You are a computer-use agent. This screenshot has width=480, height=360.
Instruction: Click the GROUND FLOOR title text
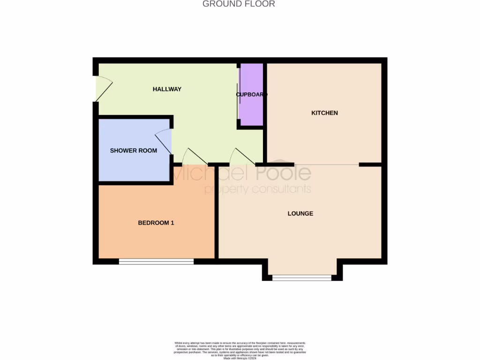pyautogui.click(x=239, y=4)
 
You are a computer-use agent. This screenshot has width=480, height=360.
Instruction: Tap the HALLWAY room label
pyautogui.click(x=167, y=89)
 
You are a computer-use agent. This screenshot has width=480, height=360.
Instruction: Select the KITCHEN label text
pyautogui.click(x=324, y=113)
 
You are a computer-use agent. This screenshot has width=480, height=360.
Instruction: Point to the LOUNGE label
pyautogui.click(x=300, y=213)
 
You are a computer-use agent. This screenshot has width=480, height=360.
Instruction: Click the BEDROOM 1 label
pyautogui.click(x=156, y=223)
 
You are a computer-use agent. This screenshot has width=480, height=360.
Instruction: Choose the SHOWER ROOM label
pyautogui.click(x=134, y=150)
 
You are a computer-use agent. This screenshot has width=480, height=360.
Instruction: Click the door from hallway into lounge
pyautogui.click(x=241, y=157)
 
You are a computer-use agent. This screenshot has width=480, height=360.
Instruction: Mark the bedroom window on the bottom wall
pyautogui.click(x=156, y=262)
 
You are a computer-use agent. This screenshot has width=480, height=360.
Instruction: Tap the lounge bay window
pyautogui.click(x=302, y=278)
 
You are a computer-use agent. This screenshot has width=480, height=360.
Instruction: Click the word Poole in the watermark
pyautogui.click(x=283, y=173)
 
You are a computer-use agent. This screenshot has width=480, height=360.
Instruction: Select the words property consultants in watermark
pyautogui.click(x=257, y=189)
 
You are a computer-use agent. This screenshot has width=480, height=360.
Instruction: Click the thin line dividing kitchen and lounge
pyautogui.click(x=327, y=165)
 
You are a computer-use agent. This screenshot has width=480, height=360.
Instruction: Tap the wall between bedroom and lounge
pyautogui.click(x=217, y=220)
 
